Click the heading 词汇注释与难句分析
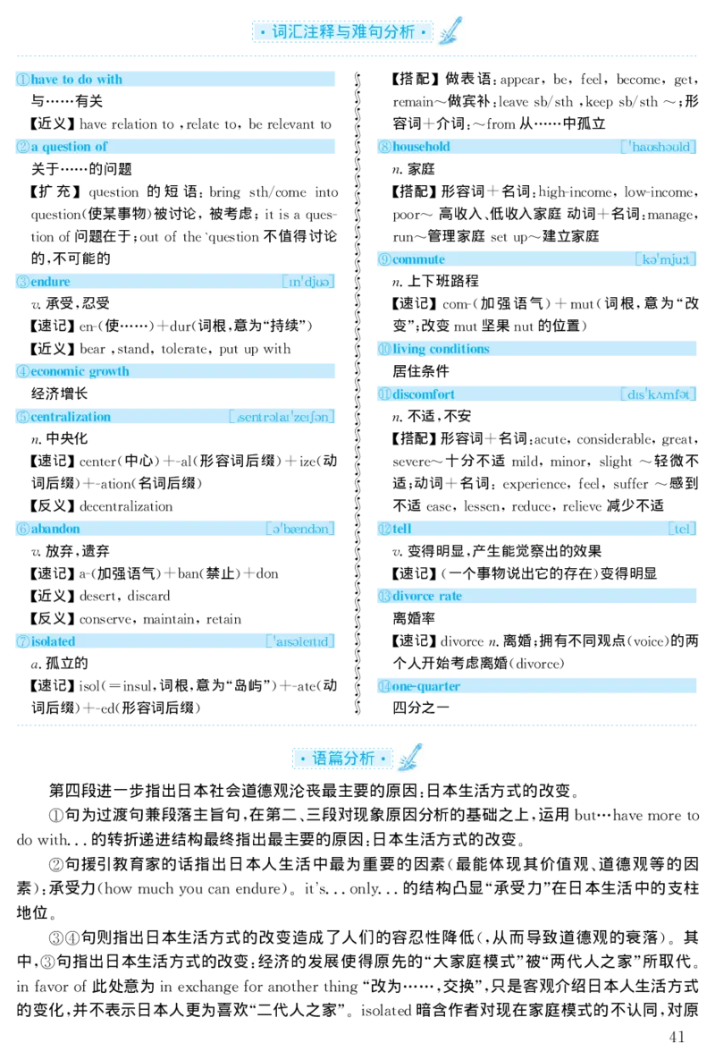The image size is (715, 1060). pyautogui.click(x=342, y=32)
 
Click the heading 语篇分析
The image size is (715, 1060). pyautogui.click(x=342, y=759)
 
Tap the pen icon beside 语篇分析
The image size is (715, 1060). pyautogui.click(x=411, y=758)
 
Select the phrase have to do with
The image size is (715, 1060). pyautogui.click(x=76, y=80)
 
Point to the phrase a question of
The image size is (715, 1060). pyautogui.click(x=69, y=147)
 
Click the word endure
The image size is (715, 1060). pyautogui.click(x=50, y=282)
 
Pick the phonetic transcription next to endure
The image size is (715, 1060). pyautogui.click(x=307, y=283)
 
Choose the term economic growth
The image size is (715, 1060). pyautogui.click(x=80, y=371)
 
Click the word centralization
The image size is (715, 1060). pyautogui.click(x=71, y=417)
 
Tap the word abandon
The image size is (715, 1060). pyautogui.click(x=55, y=529)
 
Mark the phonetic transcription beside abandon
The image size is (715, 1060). pyautogui.click(x=300, y=529)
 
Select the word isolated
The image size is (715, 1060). pyautogui.click(x=53, y=641)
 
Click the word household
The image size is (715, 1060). pyautogui.click(x=421, y=147)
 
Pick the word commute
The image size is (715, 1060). pyautogui.click(x=418, y=259)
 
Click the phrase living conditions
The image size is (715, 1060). pyautogui.click(x=441, y=349)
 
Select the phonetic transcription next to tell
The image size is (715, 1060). pyautogui.click(x=683, y=529)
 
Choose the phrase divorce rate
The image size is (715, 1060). pyautogui.click(x=427, y=597)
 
